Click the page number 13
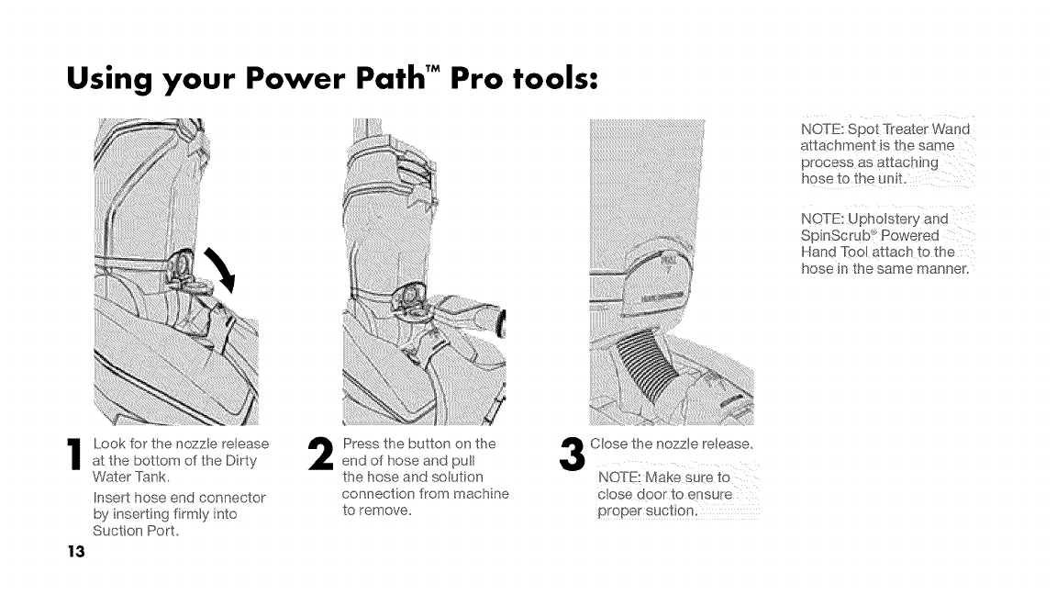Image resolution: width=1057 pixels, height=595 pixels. pos(76,552)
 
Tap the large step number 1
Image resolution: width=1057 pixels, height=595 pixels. pos(75,454)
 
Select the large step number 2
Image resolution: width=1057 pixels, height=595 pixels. pos(321,454)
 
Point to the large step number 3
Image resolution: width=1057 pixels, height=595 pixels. pos(573,454)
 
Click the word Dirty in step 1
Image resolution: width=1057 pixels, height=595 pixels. pos(240,461)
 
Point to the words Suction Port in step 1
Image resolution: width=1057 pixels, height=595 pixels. pos(136,531)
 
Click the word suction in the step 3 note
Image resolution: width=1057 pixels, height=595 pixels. pos(670,511)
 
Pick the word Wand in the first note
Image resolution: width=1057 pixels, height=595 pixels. pos(951,129)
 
